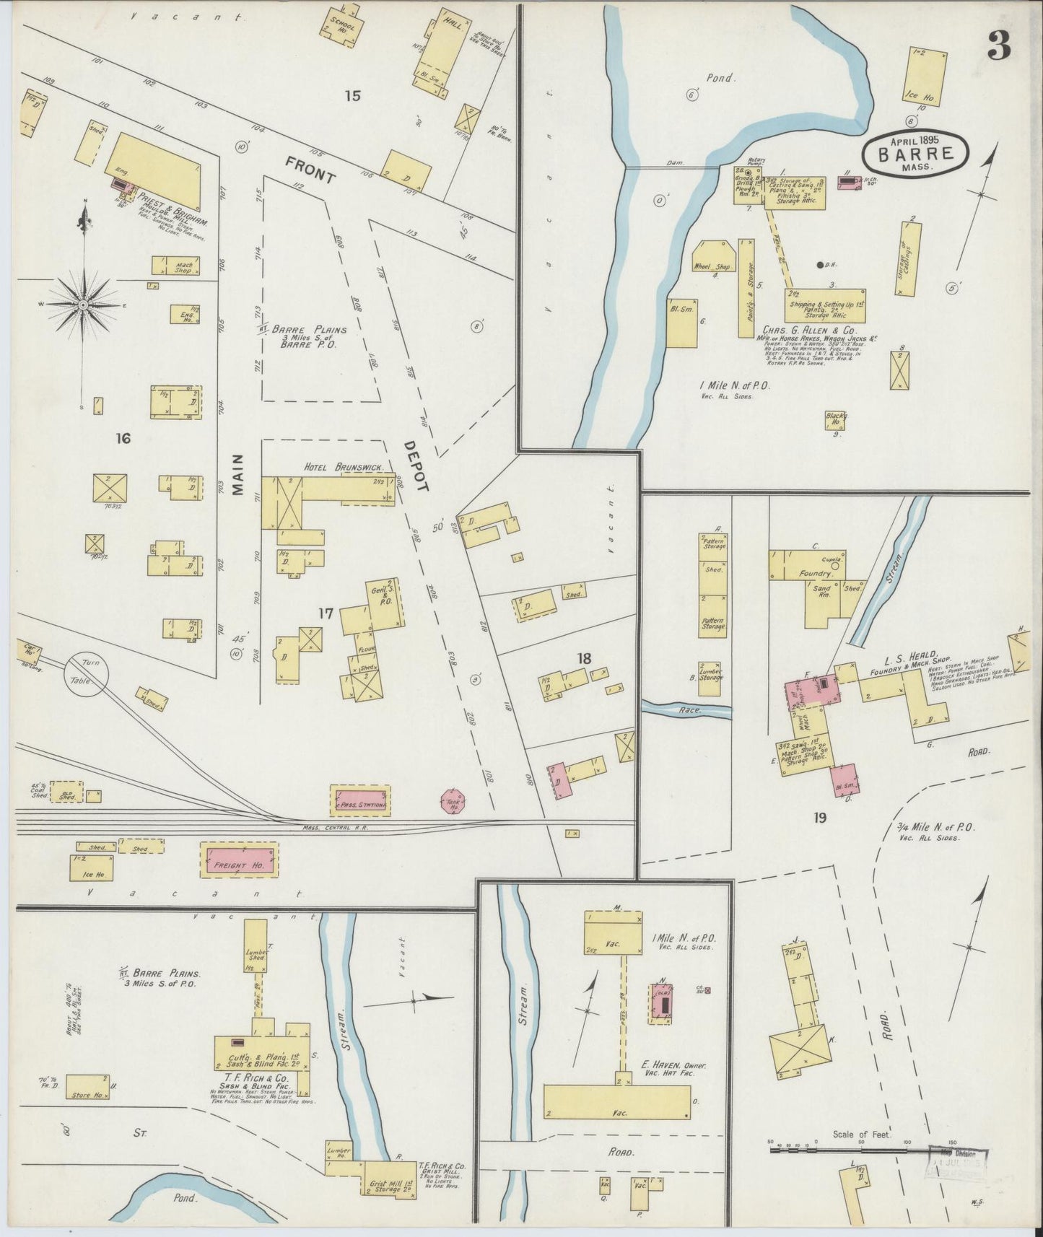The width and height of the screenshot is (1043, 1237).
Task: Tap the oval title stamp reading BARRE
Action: tap(916, 153)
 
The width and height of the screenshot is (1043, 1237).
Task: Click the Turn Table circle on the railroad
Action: tap(87, 674)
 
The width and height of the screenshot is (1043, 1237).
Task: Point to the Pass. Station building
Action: tap(360, 801)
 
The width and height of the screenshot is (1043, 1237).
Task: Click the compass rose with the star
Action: tap(84, 304)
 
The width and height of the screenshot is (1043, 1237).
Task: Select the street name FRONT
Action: tap(310, 171)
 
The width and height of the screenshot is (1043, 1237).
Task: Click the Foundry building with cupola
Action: tap(812, 573)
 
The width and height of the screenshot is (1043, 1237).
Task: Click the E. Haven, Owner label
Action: tap(673, 1065)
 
